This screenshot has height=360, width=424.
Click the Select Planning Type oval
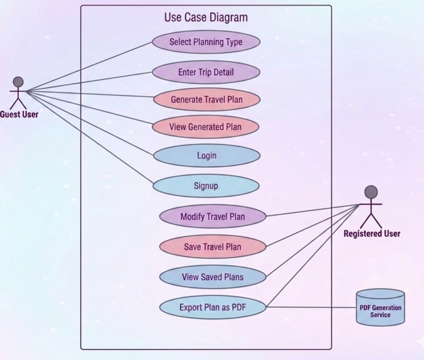(x=206, y=42)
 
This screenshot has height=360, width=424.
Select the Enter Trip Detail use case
(x=206, y=72)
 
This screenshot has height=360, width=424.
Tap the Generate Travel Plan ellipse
(x=206, y=99)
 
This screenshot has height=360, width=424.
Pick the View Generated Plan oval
(x=206, y=127)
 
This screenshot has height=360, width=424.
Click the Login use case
(x=206, y=155)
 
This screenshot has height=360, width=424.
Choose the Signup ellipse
(x=206, y=186)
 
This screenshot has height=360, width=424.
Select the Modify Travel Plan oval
(x=213, y=216)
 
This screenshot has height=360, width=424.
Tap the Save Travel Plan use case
(x=213, y=247)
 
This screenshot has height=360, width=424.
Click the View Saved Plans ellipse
(x=213, y=277)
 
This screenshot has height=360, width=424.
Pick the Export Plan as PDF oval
(x=213, y=307)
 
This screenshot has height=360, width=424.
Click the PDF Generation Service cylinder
(x=381, y=307)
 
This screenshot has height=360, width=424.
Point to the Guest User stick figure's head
(x=18, y=82)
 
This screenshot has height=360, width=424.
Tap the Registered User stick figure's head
(x=371, y=192)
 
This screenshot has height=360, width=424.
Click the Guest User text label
(x=19, y=114)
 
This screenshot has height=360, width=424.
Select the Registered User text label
(x=372, y=234)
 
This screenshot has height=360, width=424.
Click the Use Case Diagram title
(x=206, y=18)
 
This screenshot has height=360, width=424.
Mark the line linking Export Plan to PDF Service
(x=311, y=307)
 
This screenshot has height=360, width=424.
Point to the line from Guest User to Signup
(x=90, y=138)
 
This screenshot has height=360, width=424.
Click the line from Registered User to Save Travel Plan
(x=313, y=225)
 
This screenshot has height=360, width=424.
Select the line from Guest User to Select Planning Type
(x=89, y=67)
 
